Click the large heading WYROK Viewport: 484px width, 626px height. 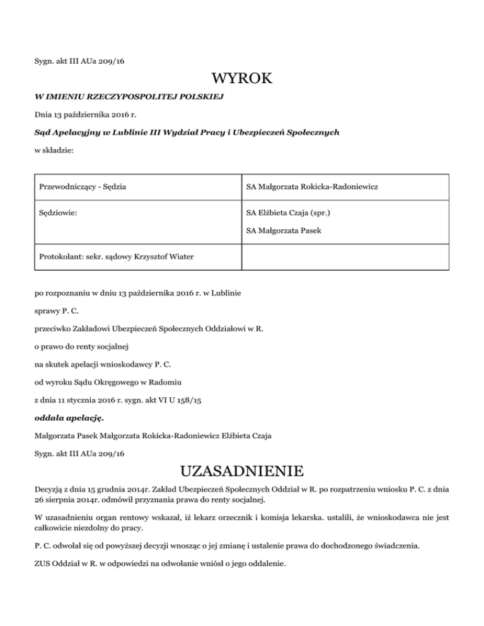click(242, 80)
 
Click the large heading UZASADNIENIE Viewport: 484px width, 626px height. click(242, 471)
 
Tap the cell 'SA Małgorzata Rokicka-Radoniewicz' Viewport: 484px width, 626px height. click(312, 187)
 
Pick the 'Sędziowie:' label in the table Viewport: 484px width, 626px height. click(58, 213)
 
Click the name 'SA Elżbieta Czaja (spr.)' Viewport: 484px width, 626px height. click(288, 213)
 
